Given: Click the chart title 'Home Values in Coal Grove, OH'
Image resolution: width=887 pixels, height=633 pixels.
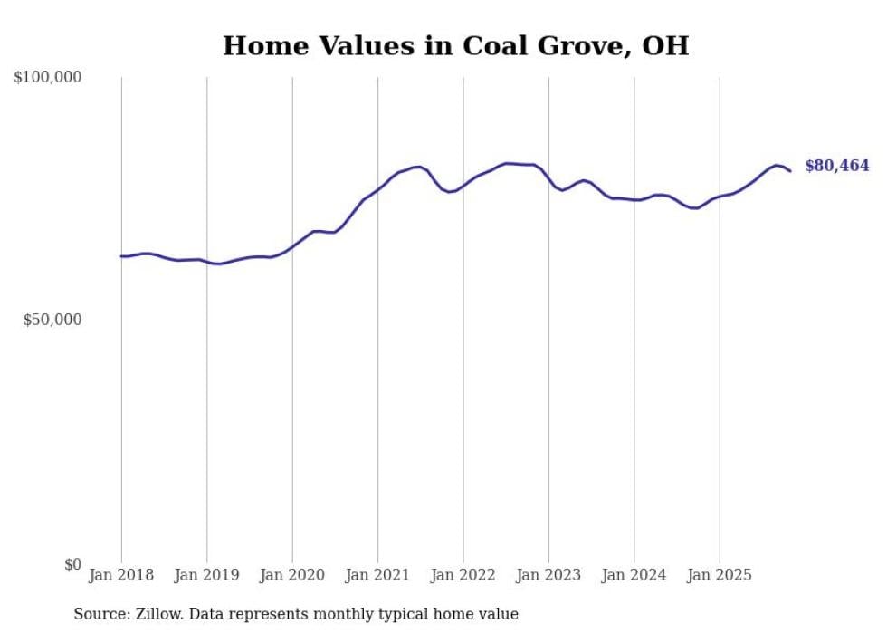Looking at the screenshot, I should [x=455, y=45].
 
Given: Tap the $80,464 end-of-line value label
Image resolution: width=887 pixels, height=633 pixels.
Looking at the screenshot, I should [x=836, y=166].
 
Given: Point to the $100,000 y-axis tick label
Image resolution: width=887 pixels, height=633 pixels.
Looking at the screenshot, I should [x=48, y=78].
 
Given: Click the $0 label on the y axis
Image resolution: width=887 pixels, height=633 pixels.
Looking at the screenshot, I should [x=72, y=564].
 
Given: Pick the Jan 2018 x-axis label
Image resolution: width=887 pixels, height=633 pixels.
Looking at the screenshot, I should [x=121, y=575].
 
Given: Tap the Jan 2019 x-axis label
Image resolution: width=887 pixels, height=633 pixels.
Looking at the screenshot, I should [x=206, y=575].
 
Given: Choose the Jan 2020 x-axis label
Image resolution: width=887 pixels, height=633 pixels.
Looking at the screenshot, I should [x=292, y=575].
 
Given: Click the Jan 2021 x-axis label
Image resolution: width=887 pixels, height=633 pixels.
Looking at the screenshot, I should [x=377, y=575].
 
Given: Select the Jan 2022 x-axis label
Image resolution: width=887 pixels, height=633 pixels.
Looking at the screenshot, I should [x=463, y=575].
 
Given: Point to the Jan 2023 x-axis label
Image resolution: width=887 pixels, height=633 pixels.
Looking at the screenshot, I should [x=548, y=575].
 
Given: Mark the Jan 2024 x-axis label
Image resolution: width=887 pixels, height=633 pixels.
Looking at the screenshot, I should [x=634, y=575].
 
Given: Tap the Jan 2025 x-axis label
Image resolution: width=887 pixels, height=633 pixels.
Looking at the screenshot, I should [x=720, y=575].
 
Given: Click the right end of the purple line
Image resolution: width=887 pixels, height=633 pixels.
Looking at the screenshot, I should [x=790, y=170].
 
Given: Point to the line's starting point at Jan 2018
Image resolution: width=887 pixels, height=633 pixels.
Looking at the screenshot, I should [x=121, y=256].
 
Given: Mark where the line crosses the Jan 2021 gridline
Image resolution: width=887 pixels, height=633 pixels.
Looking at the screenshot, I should [x=377, y=187].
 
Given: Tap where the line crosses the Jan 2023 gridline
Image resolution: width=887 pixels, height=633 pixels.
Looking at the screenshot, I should [x=548, y=178].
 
